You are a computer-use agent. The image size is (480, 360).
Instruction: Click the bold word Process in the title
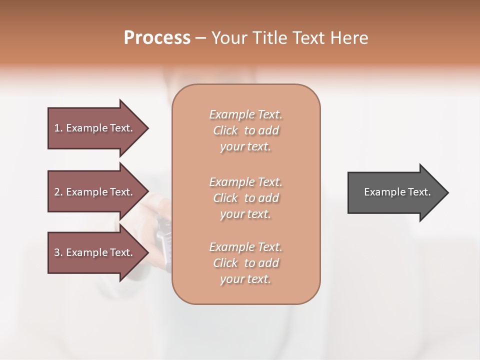coord(157,38)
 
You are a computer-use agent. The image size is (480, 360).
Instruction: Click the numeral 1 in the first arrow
coord(57,128)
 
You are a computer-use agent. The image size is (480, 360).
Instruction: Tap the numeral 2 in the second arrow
coord(57,192)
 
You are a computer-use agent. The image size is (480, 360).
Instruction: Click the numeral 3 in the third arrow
coord(57,252)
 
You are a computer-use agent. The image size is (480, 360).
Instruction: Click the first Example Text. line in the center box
coord(245,114)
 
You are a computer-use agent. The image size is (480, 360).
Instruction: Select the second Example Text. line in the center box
coord(245,181)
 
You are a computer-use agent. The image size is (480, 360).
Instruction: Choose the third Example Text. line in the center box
coord(245,247)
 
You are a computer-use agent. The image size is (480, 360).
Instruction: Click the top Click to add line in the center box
coord(245,130)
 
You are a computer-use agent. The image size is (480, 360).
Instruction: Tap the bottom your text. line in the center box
coord(245,279)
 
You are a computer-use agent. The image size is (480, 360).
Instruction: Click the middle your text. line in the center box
coord(245,214)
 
